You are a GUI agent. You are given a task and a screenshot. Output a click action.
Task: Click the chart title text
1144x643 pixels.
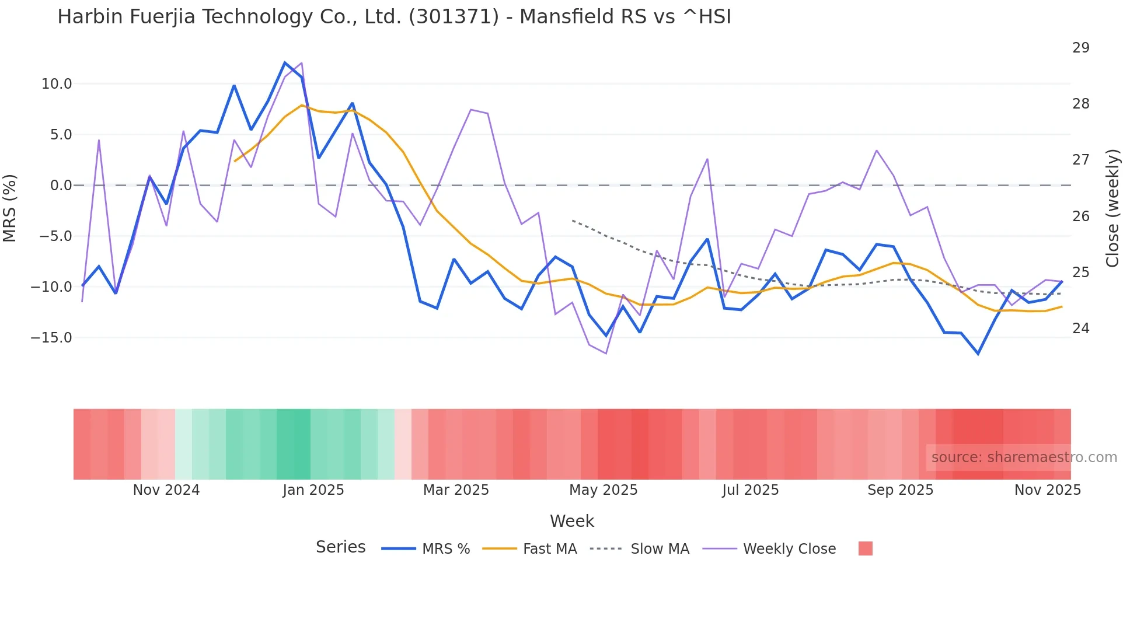pyautogui.click(x=394, y=17)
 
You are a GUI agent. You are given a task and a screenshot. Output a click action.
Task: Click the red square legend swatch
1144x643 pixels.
pyautogui.click(x=866, y=548)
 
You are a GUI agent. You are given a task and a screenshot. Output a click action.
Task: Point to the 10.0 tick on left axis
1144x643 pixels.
pyautogui.click(x=57, y=84)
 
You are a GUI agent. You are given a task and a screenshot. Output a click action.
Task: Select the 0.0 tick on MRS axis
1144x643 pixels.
pyautogui.click(x=61, y=186)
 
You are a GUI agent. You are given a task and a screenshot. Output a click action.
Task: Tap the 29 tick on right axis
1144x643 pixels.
pyautogui.click(x=1081, y=48)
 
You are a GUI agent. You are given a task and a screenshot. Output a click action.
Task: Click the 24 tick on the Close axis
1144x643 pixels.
pyautogui.click(x=1081, y=329)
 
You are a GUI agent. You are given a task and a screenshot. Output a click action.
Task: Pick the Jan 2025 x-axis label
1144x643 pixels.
pyautogui.click(x=313, y=490)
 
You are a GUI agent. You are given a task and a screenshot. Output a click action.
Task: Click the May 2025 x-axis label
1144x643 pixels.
pyautogui.click(x=604, y=490)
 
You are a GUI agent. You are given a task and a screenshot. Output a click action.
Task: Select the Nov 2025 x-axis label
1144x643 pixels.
pyautogui.click(x=1048, y=490)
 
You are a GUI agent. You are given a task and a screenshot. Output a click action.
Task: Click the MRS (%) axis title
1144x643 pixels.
pyautogui.click(x=10, y=208)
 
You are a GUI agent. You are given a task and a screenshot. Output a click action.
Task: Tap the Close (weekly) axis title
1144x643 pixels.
pyautogui.click(x=1112, y=208)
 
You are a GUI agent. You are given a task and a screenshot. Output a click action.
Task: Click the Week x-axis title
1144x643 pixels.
pyautogui.click(x=572, y=521)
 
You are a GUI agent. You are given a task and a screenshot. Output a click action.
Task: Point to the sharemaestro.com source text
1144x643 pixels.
pyautogui.click(x=1024, y=457)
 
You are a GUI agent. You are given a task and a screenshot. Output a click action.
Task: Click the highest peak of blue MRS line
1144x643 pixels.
pyautogui.click(x=285, y=62)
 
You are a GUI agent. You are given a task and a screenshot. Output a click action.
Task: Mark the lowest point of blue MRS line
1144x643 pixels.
pyautogui.click(x=978, y=354)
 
